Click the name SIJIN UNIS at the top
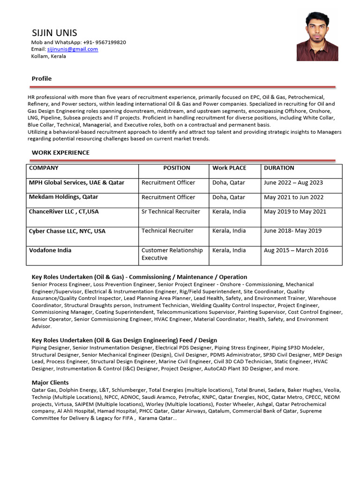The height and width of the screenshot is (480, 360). (54, 33)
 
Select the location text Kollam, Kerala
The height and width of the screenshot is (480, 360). (49, 56)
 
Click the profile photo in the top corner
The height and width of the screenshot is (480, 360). (317, 37)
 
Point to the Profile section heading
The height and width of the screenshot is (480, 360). (42, 78)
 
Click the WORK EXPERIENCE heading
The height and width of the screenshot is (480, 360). (60, 152)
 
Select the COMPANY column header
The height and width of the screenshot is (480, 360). (44, 168)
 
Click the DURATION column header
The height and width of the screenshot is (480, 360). (279, 168)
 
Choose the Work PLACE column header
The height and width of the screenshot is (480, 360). (229, 168)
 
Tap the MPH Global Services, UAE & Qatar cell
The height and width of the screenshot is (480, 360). (77, 182)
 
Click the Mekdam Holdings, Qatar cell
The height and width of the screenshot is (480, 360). (64, 197)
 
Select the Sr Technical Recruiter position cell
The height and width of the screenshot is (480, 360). (171, 211)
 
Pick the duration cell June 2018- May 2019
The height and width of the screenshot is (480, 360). (293, 231)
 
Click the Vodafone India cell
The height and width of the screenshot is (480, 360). (51, 250)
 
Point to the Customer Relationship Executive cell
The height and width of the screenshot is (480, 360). (172, 254)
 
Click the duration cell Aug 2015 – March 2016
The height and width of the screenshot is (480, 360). (296, 250)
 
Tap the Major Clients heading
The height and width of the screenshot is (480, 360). (50, 382)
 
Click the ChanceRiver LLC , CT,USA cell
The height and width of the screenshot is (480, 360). (64, 211)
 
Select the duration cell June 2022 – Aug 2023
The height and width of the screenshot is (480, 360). (293, 182)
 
